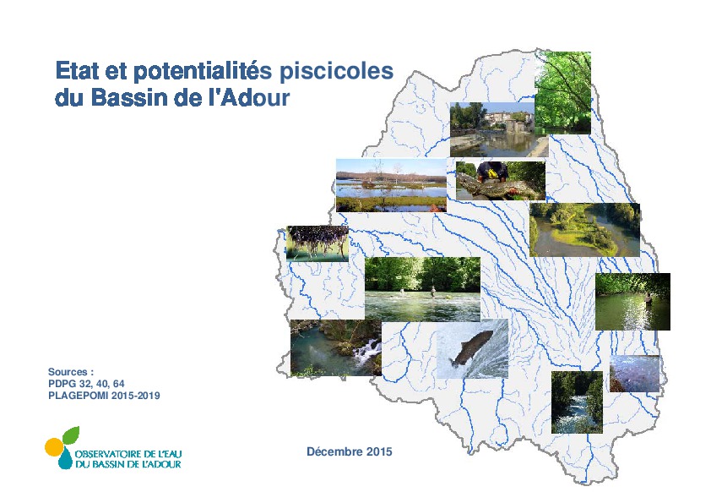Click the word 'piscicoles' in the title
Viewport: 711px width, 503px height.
click(336, 71)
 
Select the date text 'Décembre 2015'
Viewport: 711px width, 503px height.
click(349, 451)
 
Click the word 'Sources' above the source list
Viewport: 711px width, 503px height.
click(68, 372)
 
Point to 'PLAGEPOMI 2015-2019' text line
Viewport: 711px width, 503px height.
click(104, 396)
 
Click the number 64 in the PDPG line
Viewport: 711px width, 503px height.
click(119, 384)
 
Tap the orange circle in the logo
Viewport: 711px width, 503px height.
click(53, 447)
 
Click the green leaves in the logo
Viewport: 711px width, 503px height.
click(71, 435)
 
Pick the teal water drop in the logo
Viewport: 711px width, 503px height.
click(65, 459)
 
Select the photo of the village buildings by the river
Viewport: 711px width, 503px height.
click(492, 129)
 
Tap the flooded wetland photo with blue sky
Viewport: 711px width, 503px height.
click(391, 185)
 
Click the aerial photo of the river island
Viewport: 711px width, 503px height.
click(584, 230)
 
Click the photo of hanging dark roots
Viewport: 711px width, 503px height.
click(318, 243)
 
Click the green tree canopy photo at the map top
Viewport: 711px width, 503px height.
click(562, 93)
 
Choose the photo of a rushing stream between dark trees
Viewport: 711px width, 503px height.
click(577, 402)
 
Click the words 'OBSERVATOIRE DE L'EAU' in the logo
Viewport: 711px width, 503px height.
click(128, 454)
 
